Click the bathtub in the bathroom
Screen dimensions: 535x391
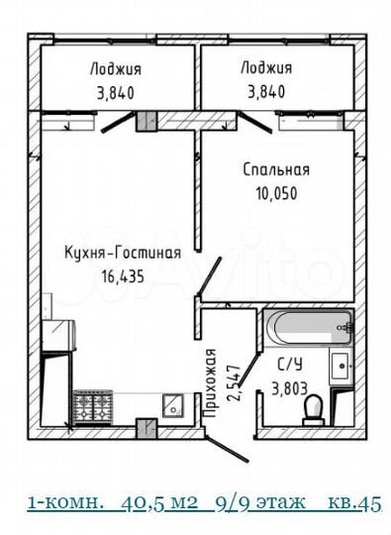click(x=309, y=323)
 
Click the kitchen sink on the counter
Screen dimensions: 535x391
click(x=171, y=405)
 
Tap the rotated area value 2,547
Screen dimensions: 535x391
click(x=233, y=383)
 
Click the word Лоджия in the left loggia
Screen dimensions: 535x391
click(x=115, y=68)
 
